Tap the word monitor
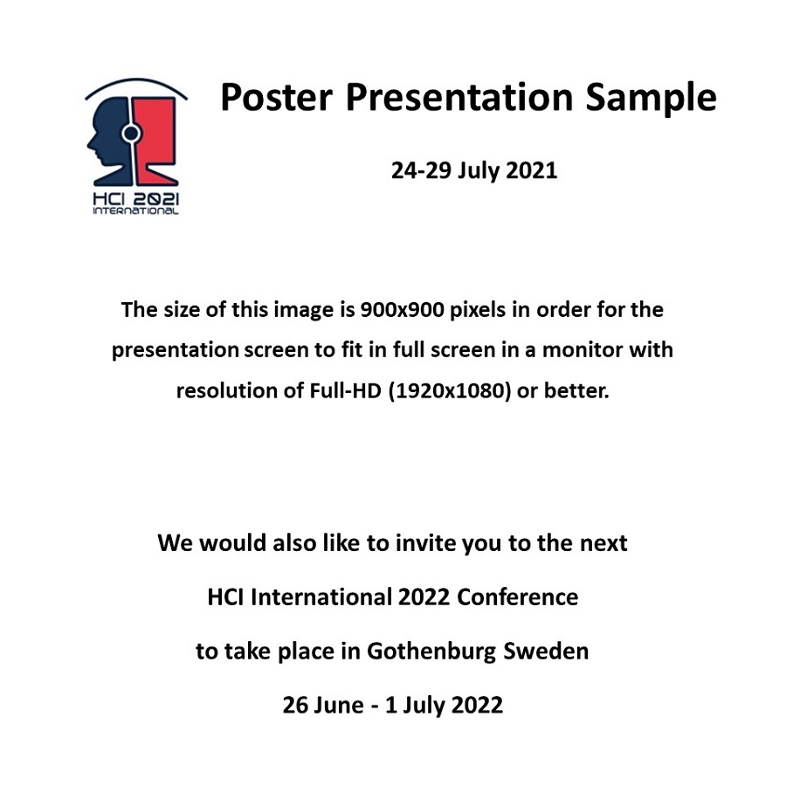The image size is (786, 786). coord(583,350)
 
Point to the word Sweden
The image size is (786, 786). coord(546,652)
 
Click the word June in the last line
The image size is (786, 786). coord(337,705)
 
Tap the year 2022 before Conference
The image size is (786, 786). coord(424,597)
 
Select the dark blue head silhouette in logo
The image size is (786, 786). coord(107,140)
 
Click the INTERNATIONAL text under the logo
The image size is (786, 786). coord(135,211)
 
